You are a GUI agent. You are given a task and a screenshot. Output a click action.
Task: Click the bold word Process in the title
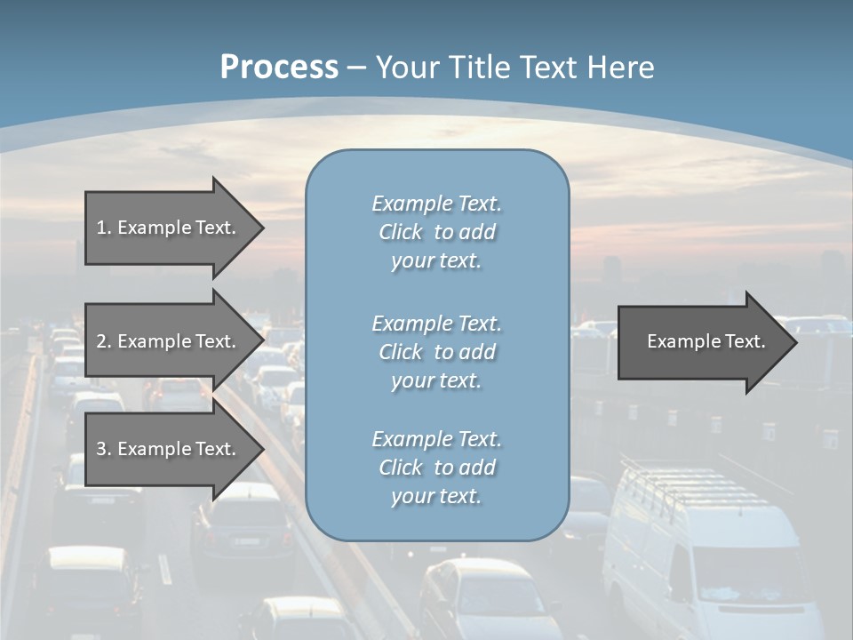pyautogui.click(x=279, y=68)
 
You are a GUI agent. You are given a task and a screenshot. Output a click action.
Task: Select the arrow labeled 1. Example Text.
pyautogui.click(x=169, y=228)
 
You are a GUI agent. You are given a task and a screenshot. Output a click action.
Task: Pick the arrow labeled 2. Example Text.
pyautogui.click(x=169, y=341)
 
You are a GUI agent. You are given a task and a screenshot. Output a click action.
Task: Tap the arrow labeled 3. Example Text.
pyautogui.click(x=169, y=450)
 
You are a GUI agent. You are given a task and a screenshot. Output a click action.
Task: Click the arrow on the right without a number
pyautogui.click(x=702, y=342)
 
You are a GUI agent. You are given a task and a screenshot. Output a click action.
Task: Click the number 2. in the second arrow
pyautogui.click(x=103, y=341)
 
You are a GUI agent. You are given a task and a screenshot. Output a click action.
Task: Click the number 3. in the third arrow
pyautogui.click(x=103, y=450)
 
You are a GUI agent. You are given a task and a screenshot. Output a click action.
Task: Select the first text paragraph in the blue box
pyautogui.click(x=437, y=232)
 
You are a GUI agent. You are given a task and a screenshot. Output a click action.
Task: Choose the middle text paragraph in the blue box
pyautogui.click(x=437, y=352)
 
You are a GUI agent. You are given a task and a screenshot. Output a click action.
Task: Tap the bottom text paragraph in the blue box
pyautogui.click(x=437, y=468)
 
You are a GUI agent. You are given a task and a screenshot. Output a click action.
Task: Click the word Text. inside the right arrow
pyautogui.click(x=741, y=341)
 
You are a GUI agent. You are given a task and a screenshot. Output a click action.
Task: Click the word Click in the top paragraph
pyautogui.click(x=401, y=232)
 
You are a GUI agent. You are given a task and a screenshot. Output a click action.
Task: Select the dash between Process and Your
pyautogui.click(x=356, y=68)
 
